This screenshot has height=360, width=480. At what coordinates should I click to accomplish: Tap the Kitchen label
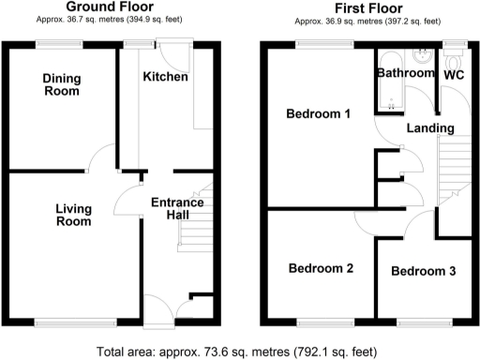click(165, 77)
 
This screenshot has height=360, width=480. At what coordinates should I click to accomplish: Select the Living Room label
click(72, 215)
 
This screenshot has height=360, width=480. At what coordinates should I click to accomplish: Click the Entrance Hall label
click(177, 209)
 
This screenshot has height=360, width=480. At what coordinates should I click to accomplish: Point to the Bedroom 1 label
click(319, 114)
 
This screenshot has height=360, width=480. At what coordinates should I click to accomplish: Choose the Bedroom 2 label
click(321, 269)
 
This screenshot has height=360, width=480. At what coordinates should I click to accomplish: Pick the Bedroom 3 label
click(424, 272)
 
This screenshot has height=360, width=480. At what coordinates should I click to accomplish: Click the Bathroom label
click(406, 73)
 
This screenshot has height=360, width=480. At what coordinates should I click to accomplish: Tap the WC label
click(454, 73)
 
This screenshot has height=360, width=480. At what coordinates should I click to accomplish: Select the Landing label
click(431, 127)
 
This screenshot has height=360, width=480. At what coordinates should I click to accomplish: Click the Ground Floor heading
click(110, 7)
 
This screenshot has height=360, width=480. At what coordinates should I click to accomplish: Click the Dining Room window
click(62, 43)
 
